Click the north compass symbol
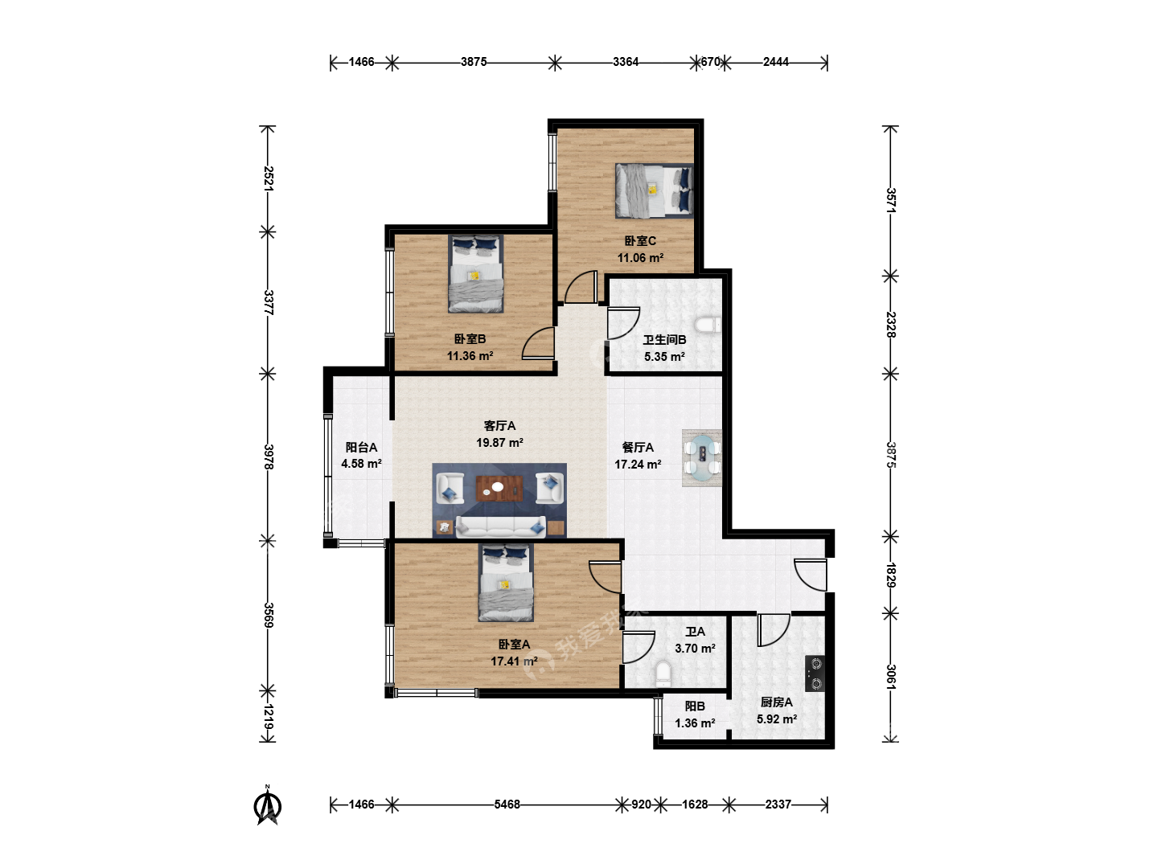268,805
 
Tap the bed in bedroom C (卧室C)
654,190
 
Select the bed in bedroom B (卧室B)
476,273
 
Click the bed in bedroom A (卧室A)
506,583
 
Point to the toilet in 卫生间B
708,325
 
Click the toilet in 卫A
663,674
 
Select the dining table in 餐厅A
704,458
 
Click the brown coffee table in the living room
499,489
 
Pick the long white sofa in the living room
500,527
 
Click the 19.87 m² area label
499,443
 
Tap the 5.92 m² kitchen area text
777,719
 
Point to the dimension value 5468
507,805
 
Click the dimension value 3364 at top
626,62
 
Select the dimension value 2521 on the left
268,178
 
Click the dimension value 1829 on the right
890,575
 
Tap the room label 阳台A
361,448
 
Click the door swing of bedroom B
538,343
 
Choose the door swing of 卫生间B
623,323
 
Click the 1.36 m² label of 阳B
695,723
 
